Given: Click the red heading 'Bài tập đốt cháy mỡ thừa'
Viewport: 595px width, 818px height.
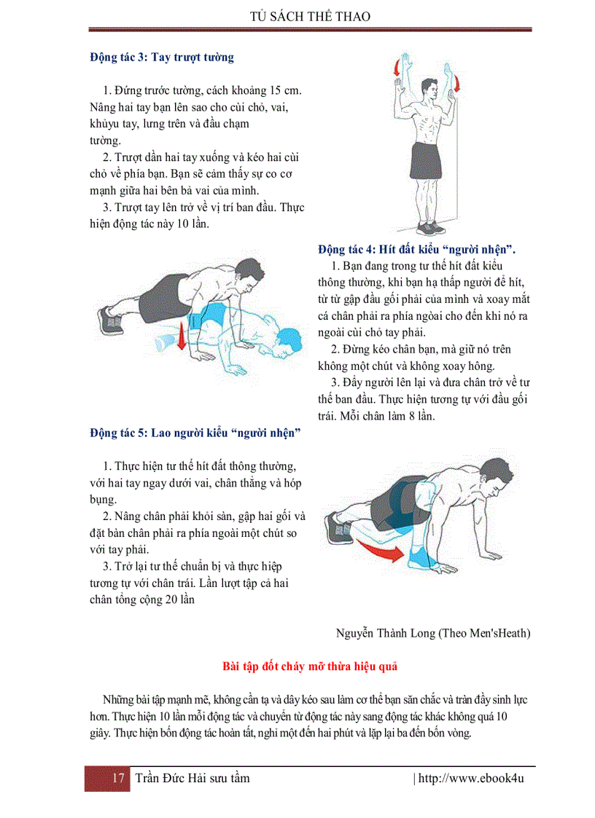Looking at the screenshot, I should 309,666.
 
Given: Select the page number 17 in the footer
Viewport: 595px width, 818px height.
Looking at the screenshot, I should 118,779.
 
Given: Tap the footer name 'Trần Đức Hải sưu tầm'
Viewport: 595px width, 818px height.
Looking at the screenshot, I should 192,779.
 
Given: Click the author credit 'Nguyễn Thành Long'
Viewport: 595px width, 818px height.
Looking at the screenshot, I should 386,632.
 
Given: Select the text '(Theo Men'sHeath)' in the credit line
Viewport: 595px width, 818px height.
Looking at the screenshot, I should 485,632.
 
